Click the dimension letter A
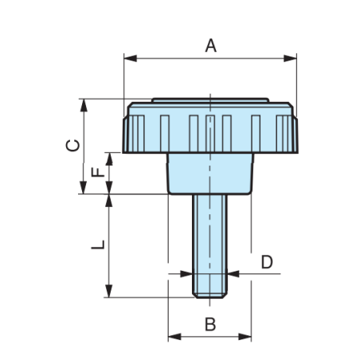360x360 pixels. point(211,45)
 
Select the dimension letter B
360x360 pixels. point(210,323)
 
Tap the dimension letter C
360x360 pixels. point(72,145)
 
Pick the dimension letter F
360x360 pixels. point(96,172)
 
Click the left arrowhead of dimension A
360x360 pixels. point(128,57)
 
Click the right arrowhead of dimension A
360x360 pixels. point(292,57)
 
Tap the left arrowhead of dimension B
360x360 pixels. point(172,337)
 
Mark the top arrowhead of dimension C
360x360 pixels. point(83,103)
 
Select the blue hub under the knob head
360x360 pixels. point(210,172)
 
